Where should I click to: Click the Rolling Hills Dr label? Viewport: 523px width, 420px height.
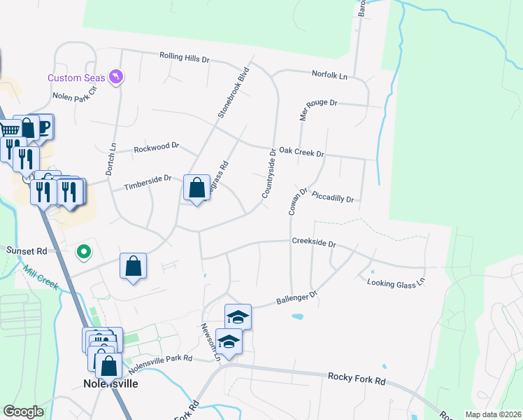[x=185, y=57]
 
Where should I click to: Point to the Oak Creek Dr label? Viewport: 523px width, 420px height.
[x=301, y=153]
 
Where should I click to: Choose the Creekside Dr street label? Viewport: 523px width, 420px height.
[x=314, y=243]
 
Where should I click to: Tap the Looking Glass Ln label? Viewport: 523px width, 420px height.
[x=396, y=281]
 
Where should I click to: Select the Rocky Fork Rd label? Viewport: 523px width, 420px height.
[x=357, y=379]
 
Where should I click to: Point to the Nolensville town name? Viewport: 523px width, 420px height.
[x=110, y=384]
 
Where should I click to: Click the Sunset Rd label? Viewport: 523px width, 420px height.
[x=26, y=250]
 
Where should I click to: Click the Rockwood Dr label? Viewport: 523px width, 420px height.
[x=157, y=148]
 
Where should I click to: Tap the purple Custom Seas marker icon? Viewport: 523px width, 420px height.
[x=117, y=76]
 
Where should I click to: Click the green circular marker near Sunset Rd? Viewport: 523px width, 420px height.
[x=84, y=251]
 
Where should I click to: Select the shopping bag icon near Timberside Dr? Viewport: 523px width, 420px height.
[x=196, y=188]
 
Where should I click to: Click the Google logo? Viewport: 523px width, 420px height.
[x=24, y=412]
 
